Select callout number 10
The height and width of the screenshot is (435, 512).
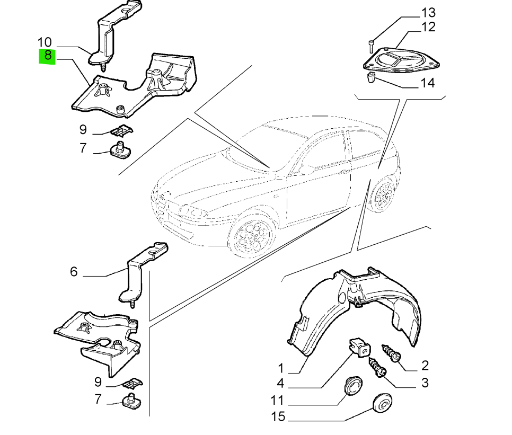pyautogui.click(x=45, y=42)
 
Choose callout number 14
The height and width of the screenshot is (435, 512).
pyautogui.click(x=428, y=83)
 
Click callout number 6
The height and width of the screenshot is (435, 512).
pyautogui.click(x=74, y=272)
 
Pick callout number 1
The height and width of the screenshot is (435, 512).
pyautogui.click(x=281, y=368)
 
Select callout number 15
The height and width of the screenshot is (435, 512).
pyautogui.click(x=278, y=416)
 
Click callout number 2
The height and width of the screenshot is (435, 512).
pyautogui.click(x=425, y=366)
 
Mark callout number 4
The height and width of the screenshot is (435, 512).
pyautogui.click(x=280, y=384)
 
